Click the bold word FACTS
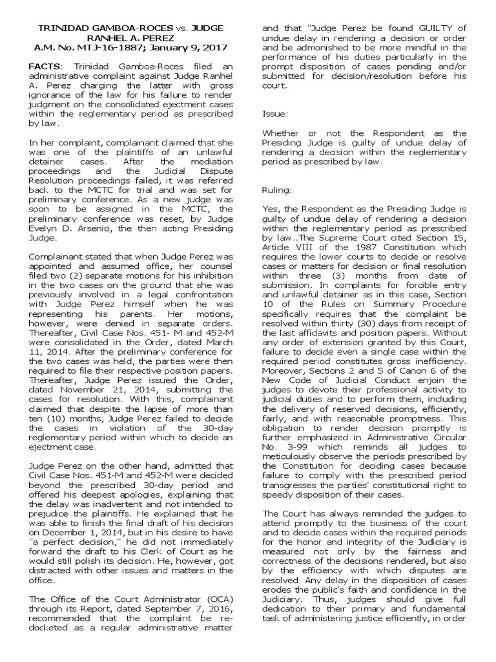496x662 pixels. [45, 67]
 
